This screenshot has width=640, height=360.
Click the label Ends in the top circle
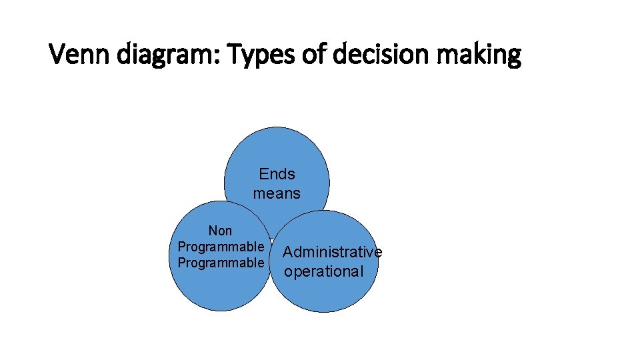click(277, 174)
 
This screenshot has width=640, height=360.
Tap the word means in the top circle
click(277, 194)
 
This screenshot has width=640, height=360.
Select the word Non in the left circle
click(220, 231)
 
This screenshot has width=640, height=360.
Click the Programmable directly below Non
click(220, 247)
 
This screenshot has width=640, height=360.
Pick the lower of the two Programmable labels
click(220, 263)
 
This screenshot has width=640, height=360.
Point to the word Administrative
click(332, 252)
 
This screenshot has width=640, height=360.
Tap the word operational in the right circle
click(323, 271)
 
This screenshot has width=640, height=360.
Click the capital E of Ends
click(264, 174)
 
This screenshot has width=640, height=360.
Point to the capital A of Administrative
click(288, 252)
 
